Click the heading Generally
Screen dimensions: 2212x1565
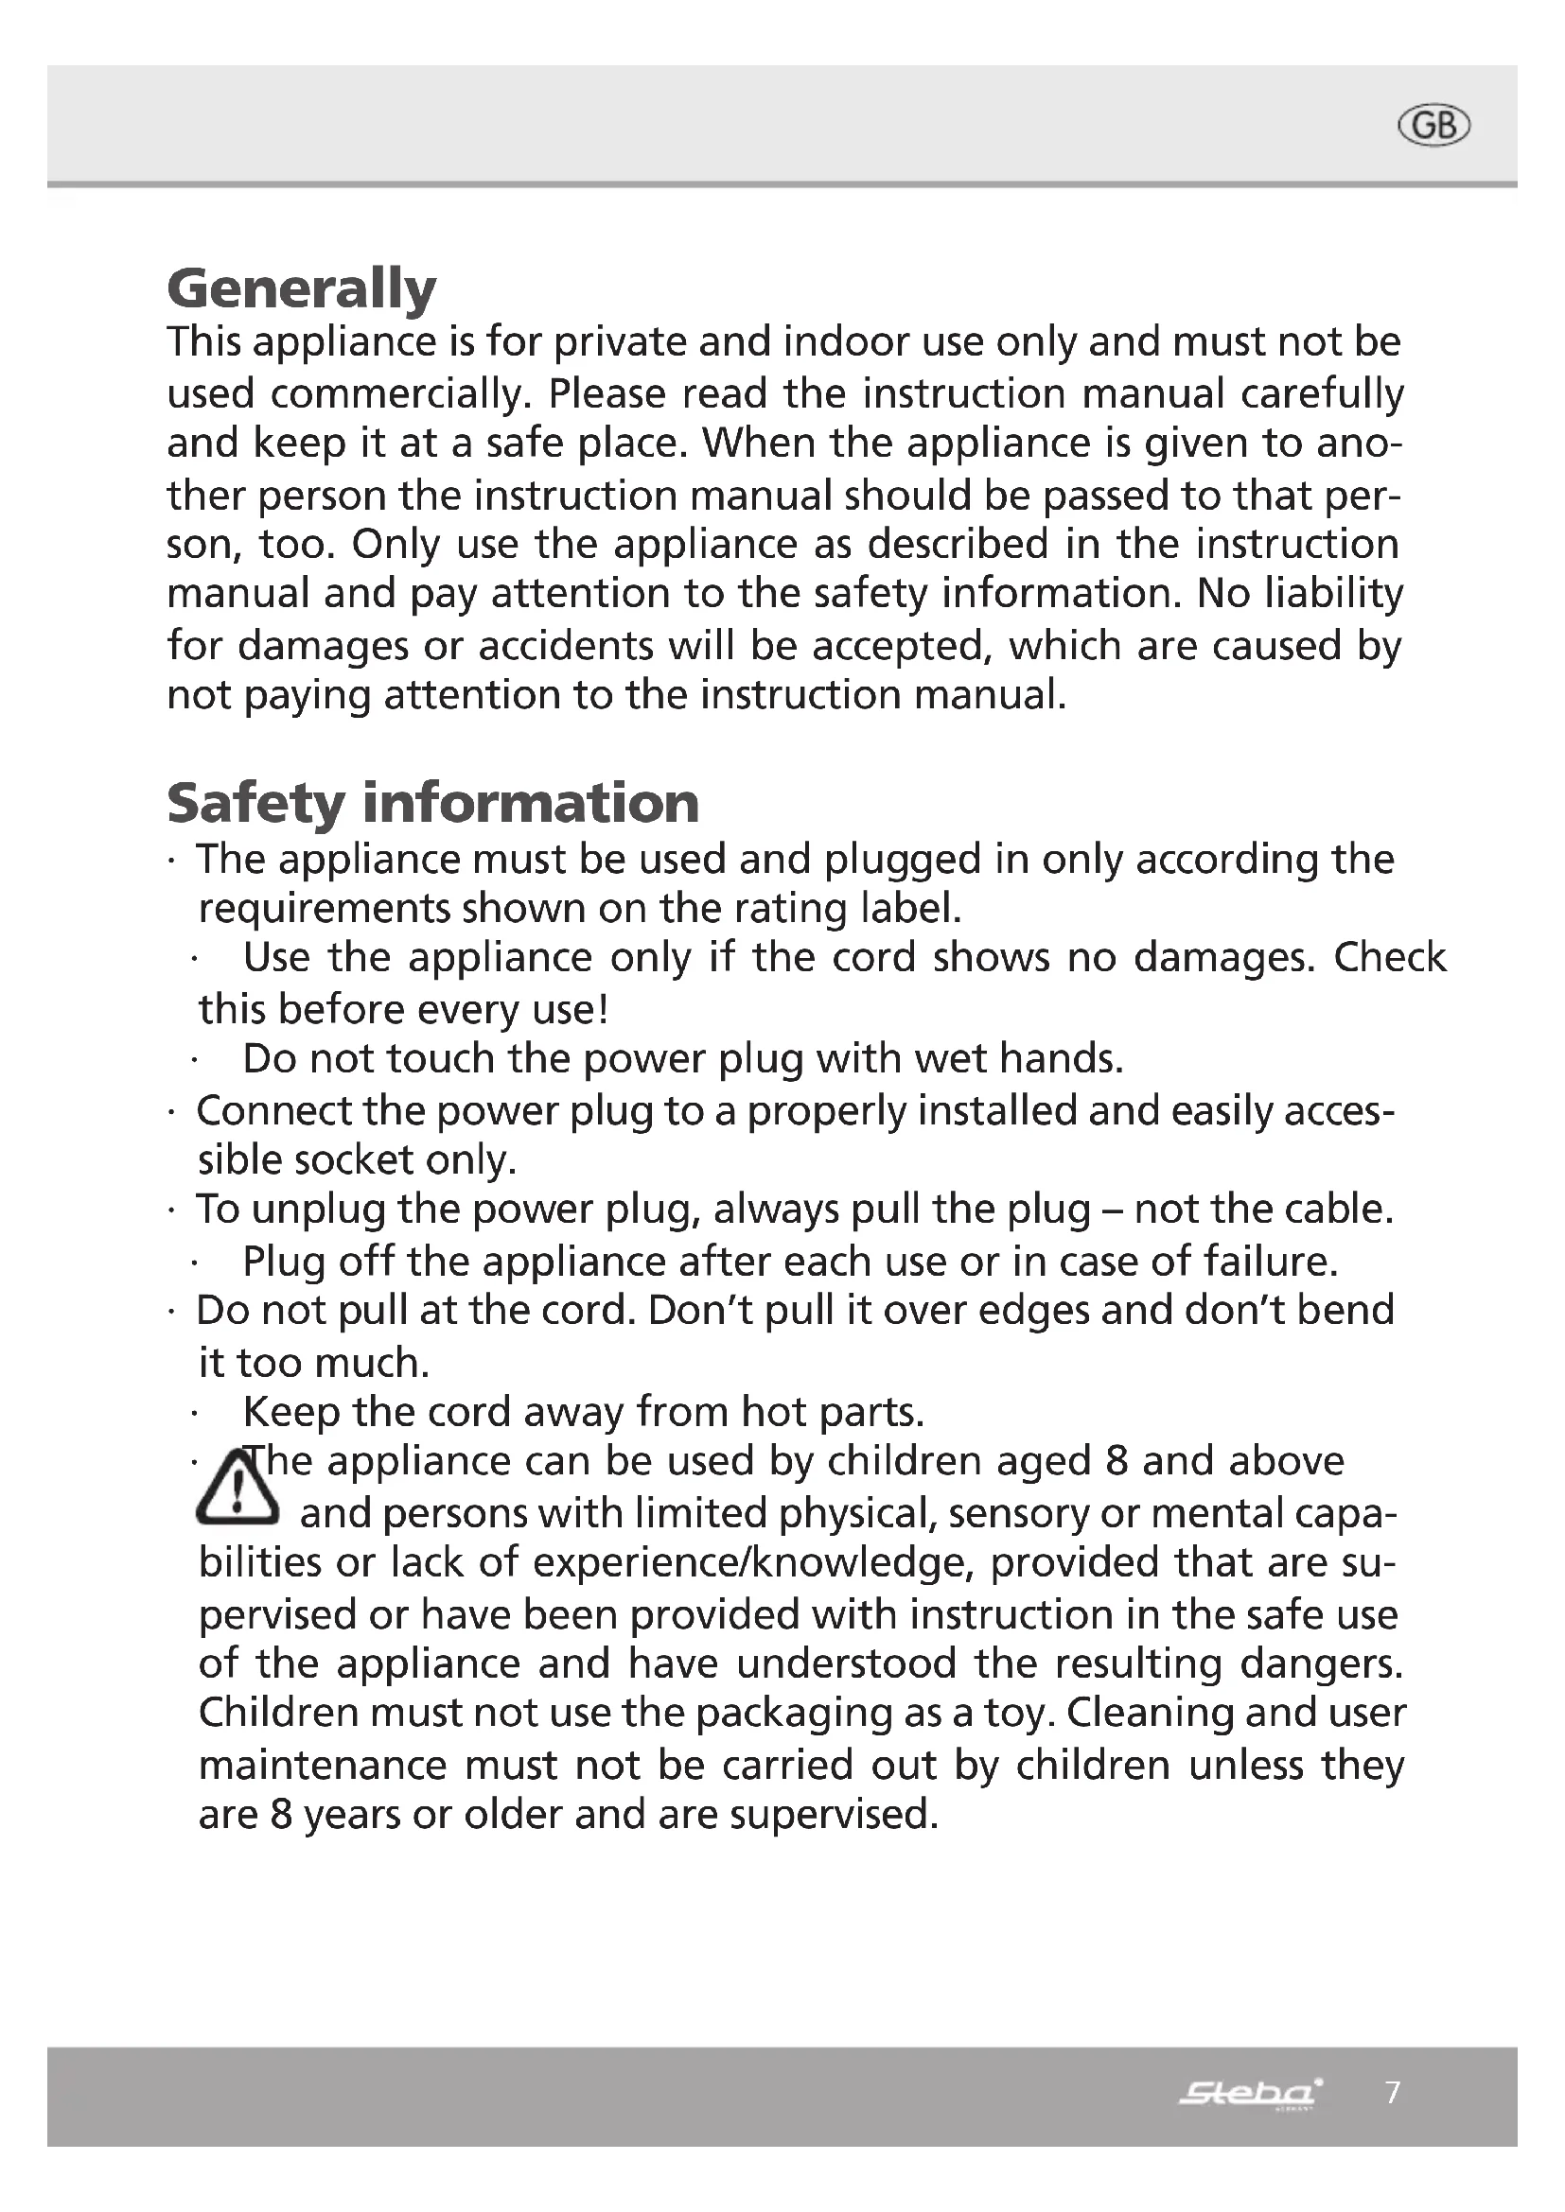coord(301,289)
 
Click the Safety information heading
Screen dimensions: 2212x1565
coord(432,803)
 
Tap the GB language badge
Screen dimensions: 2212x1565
coord(1433,126)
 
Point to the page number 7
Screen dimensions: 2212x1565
coord(1393,2092)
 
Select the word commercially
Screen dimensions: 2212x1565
coord(400,394)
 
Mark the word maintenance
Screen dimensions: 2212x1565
coord(322,1765)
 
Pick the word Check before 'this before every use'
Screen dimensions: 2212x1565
coord(1390,957)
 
